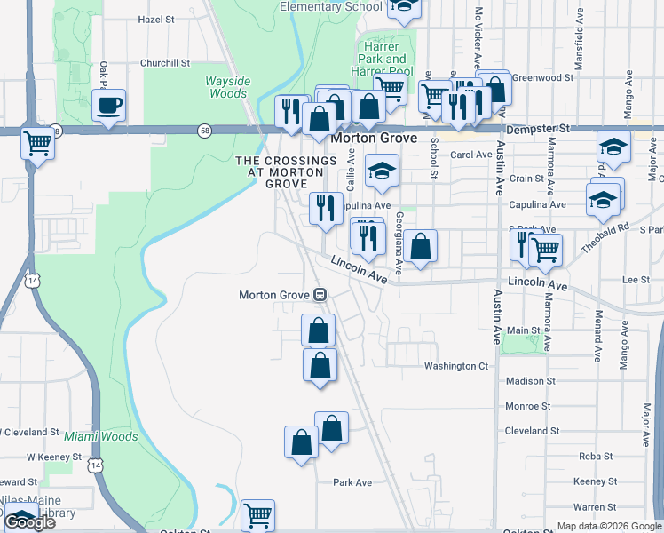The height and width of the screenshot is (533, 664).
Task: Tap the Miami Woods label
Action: (x=100, y=436)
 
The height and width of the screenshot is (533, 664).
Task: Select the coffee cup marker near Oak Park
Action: (x=108, y=106)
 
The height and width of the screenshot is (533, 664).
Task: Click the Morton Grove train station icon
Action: (x=321, y=295)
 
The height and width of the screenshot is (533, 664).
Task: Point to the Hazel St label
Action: (x=156, y=19)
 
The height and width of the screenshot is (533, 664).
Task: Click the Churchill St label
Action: (x=165, y=63)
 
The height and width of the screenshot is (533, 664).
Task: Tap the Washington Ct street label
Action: (x=456, y=365)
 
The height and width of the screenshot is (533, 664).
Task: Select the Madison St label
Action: (x=530, y=381)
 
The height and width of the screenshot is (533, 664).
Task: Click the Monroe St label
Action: (x=529, y=406)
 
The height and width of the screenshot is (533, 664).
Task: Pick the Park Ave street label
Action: (x=352, y=482)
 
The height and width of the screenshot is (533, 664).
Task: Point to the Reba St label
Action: (x=590, y=456)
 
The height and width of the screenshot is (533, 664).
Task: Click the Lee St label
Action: (x=636, y=279)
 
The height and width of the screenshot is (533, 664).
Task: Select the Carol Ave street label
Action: (x=471, y=155)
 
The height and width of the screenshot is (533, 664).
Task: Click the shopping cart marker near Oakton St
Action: (x=257, y=513)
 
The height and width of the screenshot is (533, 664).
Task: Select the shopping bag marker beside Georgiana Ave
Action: (x=423, y=246)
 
